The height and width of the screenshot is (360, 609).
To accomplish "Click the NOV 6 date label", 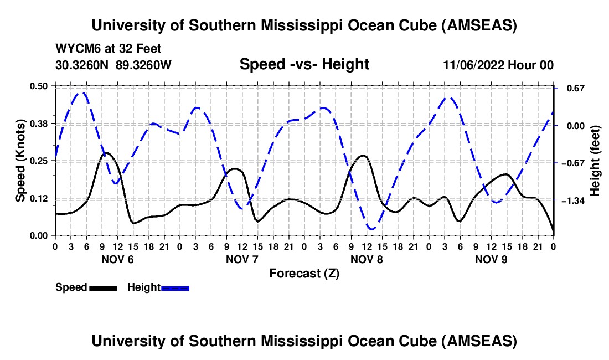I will click(x=117, y=259).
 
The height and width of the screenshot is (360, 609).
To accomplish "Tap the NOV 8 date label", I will click(x=367, y=259).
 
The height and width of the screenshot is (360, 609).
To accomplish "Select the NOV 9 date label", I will click(x=491, y=259).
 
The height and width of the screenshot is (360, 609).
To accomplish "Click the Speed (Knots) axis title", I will click(x=20, y=161).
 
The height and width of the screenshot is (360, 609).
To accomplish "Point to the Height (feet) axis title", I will click(x=595, y=161).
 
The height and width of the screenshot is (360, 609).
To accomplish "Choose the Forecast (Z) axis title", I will click(x=304, y=273).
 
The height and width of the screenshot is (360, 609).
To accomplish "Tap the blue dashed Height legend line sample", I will click(x=175, y=287).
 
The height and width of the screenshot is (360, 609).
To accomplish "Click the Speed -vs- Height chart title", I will click(x=304, y=64).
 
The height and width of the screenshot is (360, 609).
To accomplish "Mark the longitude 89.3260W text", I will click(x=144, y=65).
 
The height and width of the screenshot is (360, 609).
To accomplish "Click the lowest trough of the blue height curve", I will click(x=371, y=229).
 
